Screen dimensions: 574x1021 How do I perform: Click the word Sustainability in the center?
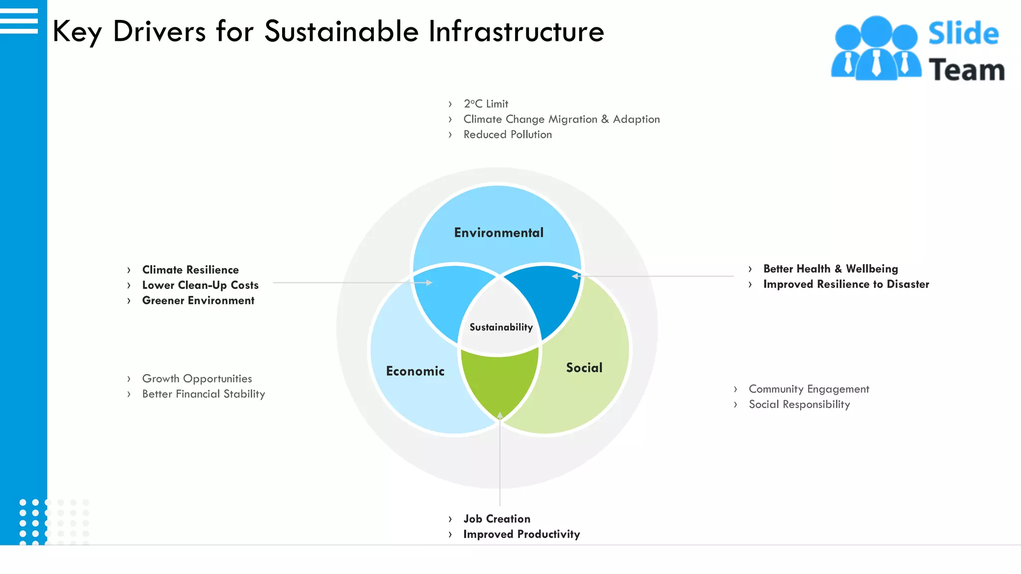501,327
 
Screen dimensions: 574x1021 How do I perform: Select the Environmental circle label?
499,233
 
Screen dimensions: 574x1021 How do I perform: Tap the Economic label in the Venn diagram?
415,371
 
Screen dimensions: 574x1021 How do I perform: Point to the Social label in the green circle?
584,368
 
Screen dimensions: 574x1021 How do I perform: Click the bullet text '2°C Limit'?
486,104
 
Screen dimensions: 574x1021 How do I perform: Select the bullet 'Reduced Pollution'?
508,135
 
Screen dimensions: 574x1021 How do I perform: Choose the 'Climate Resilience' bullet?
190,270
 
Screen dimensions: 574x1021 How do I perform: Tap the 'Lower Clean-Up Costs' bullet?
200,285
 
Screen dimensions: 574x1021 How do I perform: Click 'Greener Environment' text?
198,300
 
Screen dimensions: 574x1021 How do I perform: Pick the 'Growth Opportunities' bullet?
197,379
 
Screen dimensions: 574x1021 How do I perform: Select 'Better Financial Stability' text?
203,394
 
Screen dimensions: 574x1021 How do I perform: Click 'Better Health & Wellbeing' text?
831,269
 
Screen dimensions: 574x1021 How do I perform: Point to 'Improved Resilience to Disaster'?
846,284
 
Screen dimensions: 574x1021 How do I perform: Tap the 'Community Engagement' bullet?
809,389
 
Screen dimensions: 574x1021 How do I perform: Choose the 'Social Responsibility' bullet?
799,405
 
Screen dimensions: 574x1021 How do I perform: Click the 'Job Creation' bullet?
497,519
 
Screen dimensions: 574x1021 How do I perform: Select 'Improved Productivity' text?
521,534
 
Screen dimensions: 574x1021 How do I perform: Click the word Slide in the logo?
963,34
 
